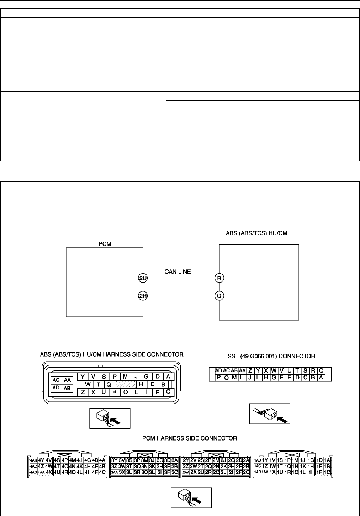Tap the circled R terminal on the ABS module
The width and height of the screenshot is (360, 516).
219,278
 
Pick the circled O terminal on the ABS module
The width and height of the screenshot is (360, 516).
219,296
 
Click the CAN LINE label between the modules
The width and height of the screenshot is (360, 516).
178,272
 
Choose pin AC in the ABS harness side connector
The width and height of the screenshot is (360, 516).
56,380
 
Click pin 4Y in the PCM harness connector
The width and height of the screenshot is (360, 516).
41,460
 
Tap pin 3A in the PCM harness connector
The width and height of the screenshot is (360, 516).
174,460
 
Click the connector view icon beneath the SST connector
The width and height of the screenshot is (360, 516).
270,414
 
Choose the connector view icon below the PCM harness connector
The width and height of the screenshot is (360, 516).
191,497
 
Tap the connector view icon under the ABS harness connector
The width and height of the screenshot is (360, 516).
110,418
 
